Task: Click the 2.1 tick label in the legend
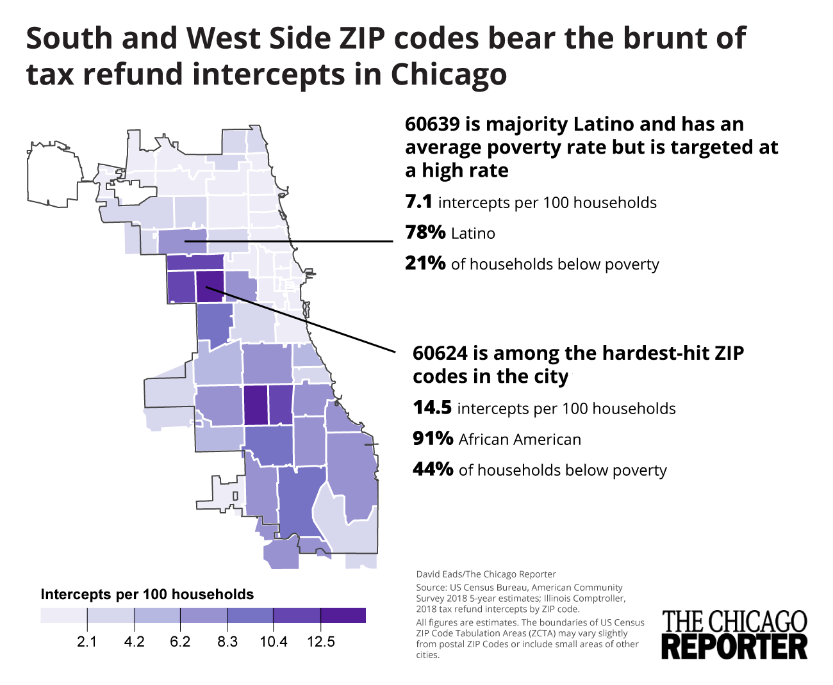point(87,641)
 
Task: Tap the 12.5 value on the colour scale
point(320,641)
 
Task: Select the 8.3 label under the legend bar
point(227,641)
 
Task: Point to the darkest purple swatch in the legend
point(343,616)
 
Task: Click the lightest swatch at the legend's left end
point(63,616)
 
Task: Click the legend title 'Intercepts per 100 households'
point(147,595)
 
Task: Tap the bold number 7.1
point(418,202)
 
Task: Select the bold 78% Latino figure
point(425,232)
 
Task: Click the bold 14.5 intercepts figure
point(432,408)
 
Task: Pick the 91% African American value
point(433,439)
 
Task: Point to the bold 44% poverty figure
point(433,469)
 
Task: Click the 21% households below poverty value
point(425,263)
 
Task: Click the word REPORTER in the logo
point(734,646)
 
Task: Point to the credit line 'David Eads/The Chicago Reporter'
point(486,574)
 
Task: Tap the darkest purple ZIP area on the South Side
point(255,405)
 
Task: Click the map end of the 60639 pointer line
point(185,241)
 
